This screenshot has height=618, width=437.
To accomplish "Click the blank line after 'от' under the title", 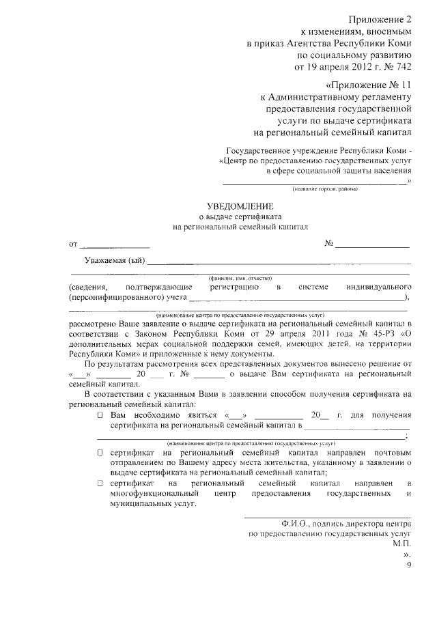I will click(114, 244).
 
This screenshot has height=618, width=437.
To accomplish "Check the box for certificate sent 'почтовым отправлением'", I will click(100, 453).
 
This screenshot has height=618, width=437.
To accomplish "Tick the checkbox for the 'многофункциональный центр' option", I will click(100, 483).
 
